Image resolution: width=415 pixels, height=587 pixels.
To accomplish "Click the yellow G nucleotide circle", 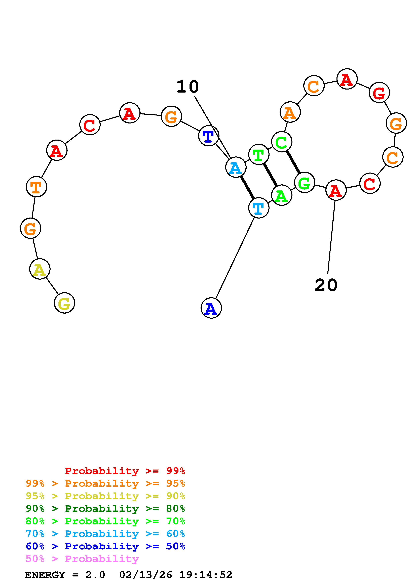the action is click(64, 303).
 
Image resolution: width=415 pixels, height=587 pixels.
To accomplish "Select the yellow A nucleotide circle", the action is click(40, 269).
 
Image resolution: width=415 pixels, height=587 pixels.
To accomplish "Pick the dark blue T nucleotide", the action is click(209, 136).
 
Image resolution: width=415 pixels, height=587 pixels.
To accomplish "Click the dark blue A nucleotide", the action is click(211, 308).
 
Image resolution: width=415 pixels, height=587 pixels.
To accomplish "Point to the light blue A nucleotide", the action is click(236, 167).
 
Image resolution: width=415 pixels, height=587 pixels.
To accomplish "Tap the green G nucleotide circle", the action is click(304, 183).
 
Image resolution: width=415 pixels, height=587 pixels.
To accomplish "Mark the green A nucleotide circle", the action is click(281, 195).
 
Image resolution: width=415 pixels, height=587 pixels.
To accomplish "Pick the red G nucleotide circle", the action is click(379, 92).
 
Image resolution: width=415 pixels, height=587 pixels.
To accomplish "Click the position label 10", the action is click(188, 87).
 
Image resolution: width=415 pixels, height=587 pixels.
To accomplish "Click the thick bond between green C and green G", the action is click(293, 162).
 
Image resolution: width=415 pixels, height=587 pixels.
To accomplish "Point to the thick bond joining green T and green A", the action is click(270, 175).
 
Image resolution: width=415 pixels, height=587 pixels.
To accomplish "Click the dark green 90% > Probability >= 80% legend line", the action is click(105, 509).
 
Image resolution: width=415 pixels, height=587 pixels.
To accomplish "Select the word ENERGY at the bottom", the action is click(45, 575).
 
